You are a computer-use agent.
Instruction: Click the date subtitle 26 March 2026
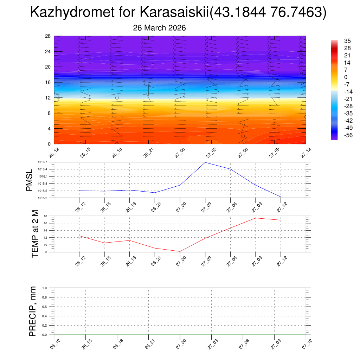[159, 28]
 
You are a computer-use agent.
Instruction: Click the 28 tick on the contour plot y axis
[48, 36]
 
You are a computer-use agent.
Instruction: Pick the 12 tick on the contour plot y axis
[48, 98]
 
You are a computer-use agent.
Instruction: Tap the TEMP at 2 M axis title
[35, 234]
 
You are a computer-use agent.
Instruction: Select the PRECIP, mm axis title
[33, 311]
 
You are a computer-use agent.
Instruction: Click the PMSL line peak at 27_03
[205, 162]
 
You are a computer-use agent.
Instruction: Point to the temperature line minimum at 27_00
[180, 251]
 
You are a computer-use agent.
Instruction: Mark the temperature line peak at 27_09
[256, 218]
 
